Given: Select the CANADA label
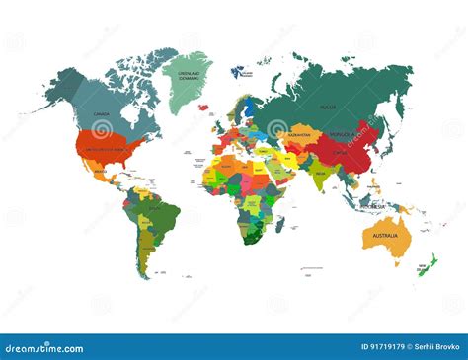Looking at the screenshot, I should [102, 114].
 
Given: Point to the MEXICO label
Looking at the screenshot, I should [102, 172].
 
